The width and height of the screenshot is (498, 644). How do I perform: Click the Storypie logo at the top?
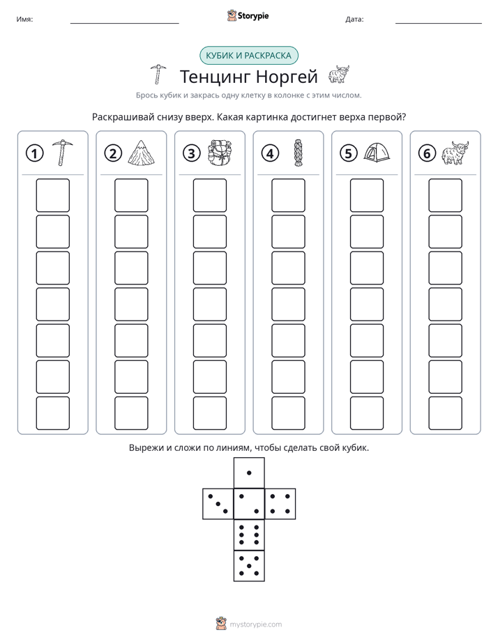(x=248, y=16)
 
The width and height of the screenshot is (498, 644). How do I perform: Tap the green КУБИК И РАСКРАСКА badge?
(x=248, y=56)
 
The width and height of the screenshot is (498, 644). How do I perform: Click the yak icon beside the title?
(x=339, y=75)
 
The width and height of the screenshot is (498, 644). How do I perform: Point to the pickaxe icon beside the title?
(x=158, y=75)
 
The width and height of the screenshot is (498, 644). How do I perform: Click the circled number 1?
(x=34, y=153)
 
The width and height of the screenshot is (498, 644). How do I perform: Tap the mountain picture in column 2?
(x=142, y=153)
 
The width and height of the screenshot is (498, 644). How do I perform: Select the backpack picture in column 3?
(x=220, y=153)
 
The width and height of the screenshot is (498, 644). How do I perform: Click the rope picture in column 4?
(x=298, y=153)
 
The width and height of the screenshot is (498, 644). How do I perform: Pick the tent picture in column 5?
(x=377, y=153)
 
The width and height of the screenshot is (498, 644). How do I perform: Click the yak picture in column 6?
(x=455, y=153)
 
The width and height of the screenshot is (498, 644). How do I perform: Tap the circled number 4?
(x=270, y=153)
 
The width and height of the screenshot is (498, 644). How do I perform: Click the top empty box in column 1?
(x=52, y=195)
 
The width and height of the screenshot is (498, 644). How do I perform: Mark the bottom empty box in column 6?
(x=446, y=413)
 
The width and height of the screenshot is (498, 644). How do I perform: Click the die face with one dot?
(x=249, y=473)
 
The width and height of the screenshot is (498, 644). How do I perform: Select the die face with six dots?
(x=249, y=535)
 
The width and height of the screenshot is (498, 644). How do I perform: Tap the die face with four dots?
(x=280, y=504)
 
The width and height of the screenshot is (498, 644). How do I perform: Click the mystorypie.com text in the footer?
(x=255, y=624)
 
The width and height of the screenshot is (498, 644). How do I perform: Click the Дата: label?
(x=354, y=20)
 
